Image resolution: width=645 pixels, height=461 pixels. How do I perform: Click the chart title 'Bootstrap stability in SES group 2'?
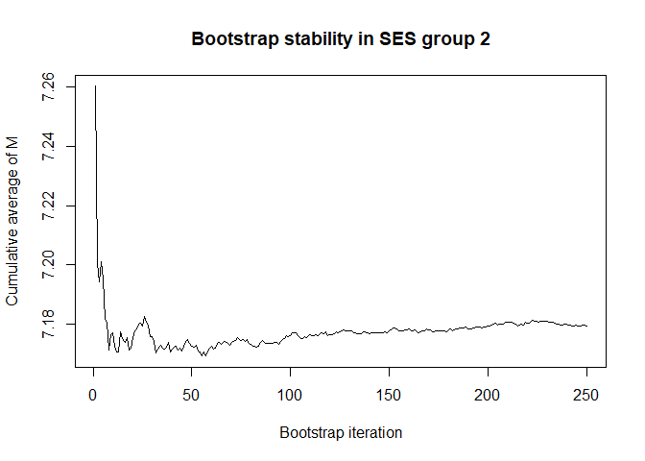tap(341, 40)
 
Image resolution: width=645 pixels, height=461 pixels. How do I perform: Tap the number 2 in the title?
tap(485, 40)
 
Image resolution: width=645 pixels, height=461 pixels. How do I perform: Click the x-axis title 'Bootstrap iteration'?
tap(341, 432)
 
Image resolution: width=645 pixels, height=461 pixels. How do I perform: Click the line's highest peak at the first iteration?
tap(95, 86)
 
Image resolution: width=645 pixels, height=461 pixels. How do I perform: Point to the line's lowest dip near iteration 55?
tap(203, 355)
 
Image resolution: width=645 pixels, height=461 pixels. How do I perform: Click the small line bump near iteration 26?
tap(145, 316)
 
